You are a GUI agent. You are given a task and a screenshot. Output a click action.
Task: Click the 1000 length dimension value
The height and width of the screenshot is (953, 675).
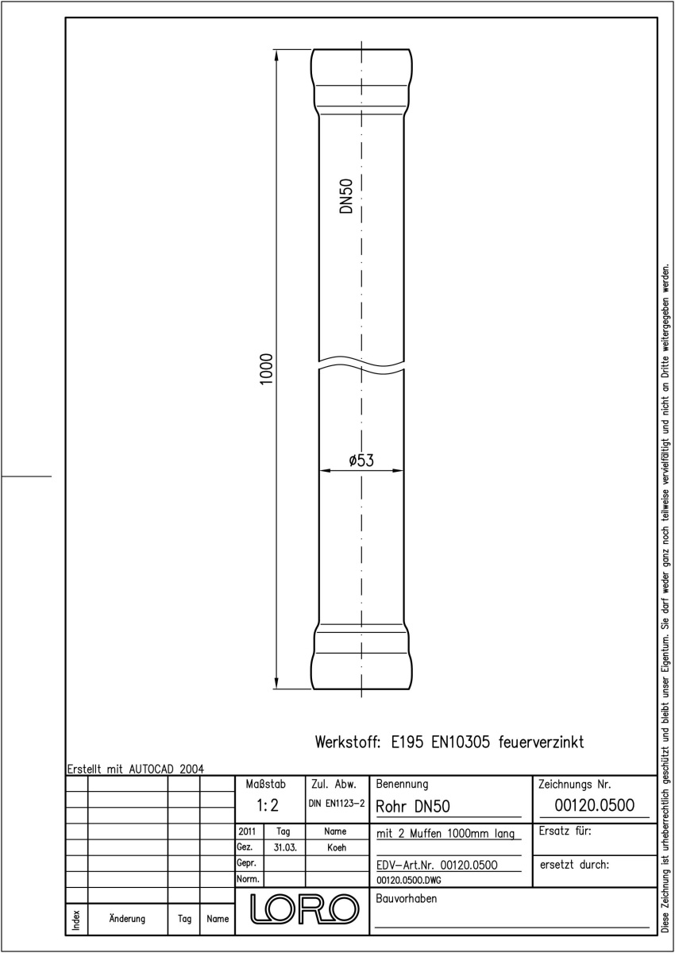[266, 368]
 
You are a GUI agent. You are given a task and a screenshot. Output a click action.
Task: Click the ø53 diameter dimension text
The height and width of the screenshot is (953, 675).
[361, 461]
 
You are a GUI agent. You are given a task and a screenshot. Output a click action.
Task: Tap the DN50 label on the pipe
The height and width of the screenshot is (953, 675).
[347, 196]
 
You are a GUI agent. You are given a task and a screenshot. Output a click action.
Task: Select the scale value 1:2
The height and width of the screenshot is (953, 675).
[268, 805]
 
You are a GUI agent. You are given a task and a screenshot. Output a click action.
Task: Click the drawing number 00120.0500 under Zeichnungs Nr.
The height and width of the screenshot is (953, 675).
[594, 805]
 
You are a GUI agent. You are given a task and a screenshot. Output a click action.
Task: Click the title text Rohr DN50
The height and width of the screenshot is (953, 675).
[413, 806]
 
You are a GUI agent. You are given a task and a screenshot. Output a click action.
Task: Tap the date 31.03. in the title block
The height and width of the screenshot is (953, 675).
[285, 847]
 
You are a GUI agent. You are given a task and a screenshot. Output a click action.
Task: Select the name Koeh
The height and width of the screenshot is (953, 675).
[337, 847]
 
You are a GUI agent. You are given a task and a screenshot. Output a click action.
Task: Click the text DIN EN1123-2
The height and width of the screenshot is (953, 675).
[337, 804]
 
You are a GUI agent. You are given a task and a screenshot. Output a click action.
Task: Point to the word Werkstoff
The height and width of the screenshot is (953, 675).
[348, 743]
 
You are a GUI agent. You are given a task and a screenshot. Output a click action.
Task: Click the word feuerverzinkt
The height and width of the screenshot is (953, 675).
[541, 743]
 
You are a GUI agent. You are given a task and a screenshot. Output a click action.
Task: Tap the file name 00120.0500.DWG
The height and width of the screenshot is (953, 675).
[409, 880]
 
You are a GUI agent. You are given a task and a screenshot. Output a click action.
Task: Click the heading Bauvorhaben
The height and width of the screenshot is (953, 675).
[406, 898]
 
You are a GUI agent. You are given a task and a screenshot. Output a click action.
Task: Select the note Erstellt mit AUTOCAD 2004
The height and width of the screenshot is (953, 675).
[136, 770]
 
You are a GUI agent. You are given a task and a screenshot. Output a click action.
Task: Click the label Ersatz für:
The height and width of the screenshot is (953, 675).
[565, 831]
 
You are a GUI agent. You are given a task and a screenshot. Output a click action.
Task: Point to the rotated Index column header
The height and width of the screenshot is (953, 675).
[76, 920]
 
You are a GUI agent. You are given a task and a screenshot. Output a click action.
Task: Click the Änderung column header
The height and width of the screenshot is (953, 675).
[127, 919]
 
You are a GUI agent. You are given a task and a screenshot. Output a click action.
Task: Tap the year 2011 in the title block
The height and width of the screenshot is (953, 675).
[247, 831]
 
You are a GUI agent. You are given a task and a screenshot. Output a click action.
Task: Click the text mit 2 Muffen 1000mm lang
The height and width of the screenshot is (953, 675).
[445, 833]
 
